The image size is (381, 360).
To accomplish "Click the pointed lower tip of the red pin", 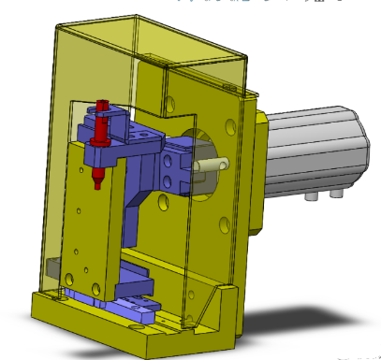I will pos(98,183).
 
